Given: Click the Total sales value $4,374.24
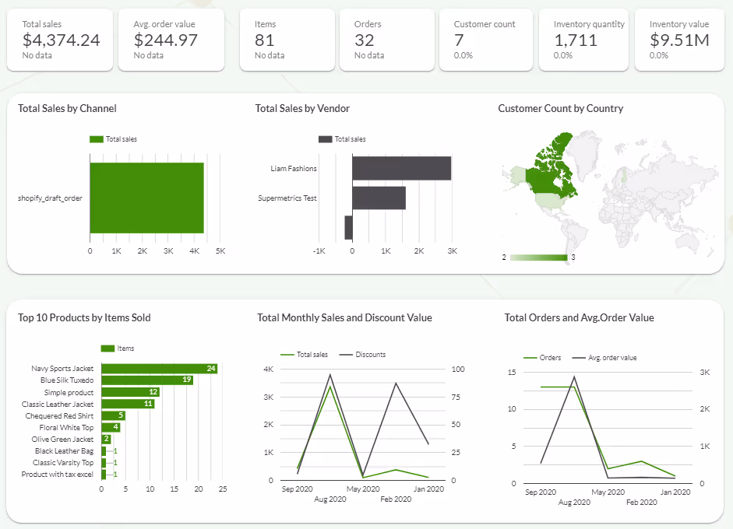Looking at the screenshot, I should coord(61,40).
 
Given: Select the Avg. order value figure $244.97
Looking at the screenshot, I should coord(165,40).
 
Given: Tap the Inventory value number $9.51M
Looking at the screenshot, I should coord(678,40).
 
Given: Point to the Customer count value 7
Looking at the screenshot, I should coord(459,40).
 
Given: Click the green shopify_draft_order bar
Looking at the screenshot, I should coord(146,198).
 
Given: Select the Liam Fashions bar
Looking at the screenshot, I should coord(401,168).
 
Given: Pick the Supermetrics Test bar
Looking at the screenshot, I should coord(379,198).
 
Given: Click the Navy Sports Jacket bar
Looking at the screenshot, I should coord(159,368).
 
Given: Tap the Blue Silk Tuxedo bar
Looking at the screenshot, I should coord(147,380).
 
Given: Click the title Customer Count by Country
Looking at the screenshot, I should coord(560,108).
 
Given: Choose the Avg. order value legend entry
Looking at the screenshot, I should coord(611,358).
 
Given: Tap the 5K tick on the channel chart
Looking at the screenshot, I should coord(220,251).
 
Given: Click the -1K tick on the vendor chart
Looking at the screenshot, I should coord(319,251).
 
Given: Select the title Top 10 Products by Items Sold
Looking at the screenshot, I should coord(84,317).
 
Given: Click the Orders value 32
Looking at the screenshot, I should coord(364,40).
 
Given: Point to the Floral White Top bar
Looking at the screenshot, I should coord(111,427).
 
